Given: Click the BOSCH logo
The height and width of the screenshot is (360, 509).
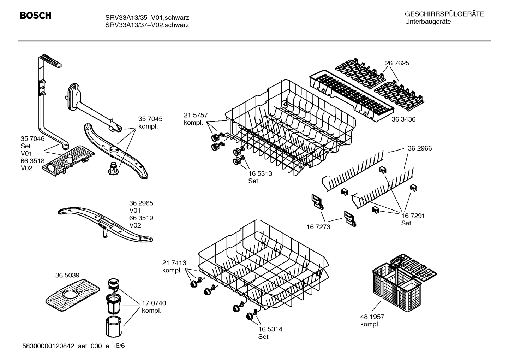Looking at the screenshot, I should pyautogui.click(x=36, y=16).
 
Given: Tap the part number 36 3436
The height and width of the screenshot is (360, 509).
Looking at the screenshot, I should pyautogui.click(x=403, y=119).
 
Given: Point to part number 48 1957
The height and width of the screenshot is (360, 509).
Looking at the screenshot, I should pyautogui.click(x=372, y=317).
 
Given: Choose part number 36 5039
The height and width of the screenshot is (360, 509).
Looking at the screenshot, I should pyautogui.click(x=67, y=275).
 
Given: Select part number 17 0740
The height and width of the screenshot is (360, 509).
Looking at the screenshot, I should pyautogui.click(x=154, y=303).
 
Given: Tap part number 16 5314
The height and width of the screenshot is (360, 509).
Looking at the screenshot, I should pyautogui.click(x=270, y=329).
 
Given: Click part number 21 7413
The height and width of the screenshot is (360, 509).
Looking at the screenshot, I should pyautogui.click(x=174, y=263).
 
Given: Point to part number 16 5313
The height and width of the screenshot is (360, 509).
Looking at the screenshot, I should pyautogui.click(x=260, y=173).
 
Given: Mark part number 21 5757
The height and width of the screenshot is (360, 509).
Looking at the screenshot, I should pyautogui.click(x=196, y=115).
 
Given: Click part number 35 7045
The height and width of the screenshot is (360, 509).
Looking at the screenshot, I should pyautogui.click(x=150, y=119).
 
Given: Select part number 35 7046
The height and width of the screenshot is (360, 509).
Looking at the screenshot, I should pyautogui.click(x=32, y=139).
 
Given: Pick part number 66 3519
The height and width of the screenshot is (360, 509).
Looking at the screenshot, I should pyautogui.click(x=141, y=218).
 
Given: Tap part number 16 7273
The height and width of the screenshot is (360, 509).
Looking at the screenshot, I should pyautogui.click(x=318, y=227).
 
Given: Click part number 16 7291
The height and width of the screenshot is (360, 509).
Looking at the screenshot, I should pyautogui.click(x=413, y=216).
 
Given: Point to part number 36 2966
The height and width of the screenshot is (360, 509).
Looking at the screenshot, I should pyautogui.click(x=419, y=148).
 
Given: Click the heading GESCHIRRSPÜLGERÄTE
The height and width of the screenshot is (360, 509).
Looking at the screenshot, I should pyautogui.click(x=444, y=14).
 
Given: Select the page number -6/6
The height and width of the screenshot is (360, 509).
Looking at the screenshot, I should pyautogui.click(x=119, y=346).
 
